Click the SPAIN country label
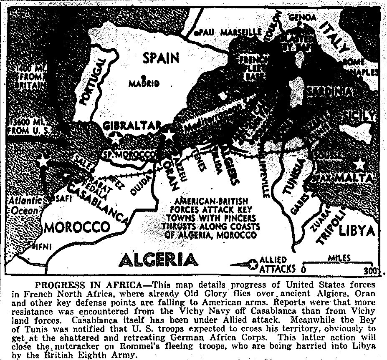tap(161, 58)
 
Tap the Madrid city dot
tap(143, 77)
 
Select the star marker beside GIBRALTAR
tap(115, 137)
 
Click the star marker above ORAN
tap(169, 134)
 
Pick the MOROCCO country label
tap(77, 228)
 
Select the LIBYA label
tap(358, 231)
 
